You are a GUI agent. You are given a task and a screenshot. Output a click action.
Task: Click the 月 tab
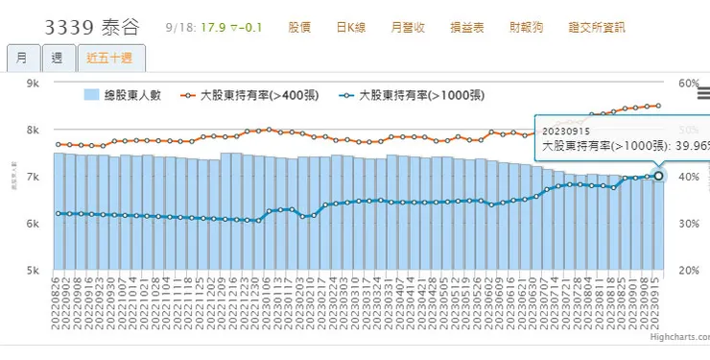[21, 59]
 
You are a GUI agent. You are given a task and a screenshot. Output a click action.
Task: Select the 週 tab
[57, 59]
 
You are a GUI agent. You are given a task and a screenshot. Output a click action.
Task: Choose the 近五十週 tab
[109, 59]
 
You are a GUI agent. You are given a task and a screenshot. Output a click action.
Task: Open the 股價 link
[299, 26]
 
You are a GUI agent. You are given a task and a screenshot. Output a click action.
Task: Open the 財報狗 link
[523, 26]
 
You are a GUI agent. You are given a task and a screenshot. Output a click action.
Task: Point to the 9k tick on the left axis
[32, 84]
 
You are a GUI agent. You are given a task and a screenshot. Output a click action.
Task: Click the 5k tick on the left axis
[32, 271]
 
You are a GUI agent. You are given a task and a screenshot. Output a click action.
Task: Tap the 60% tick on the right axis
[688, 84]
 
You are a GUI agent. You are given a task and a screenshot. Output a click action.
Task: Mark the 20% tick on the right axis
[688, 271]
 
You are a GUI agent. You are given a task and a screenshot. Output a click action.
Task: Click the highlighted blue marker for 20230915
[658, 176]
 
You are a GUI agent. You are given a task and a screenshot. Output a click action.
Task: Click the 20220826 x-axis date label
[59, 303]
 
